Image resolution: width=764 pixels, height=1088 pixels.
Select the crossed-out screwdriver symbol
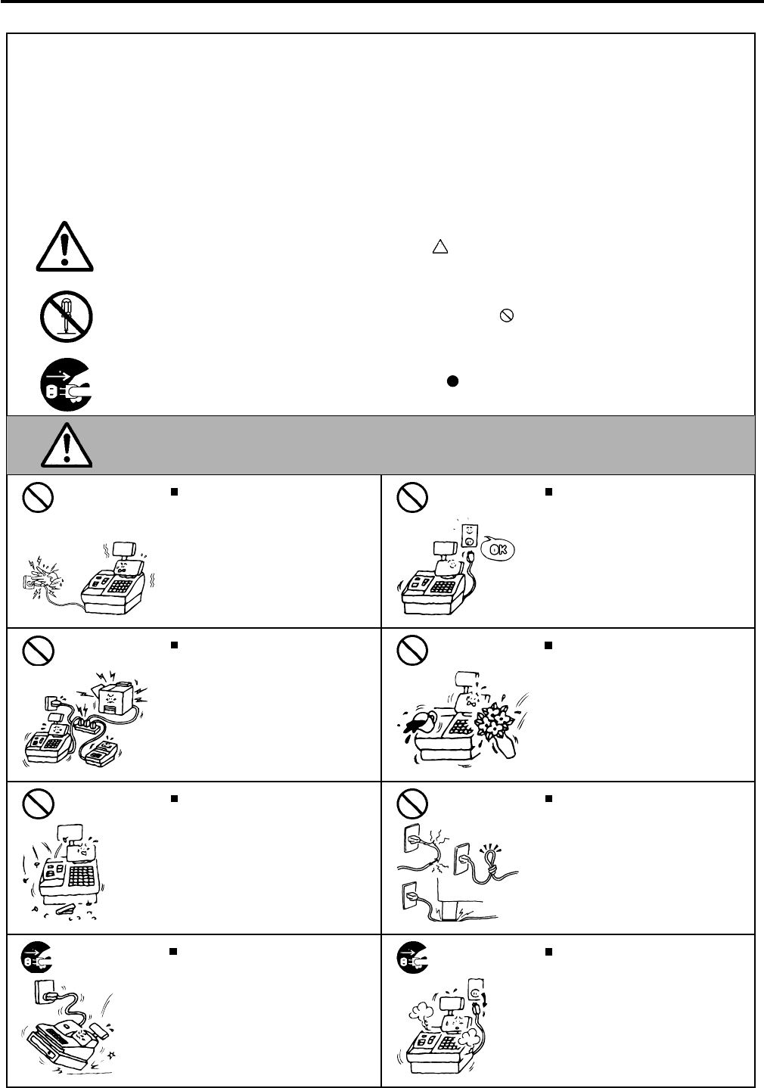[x=66, y=316]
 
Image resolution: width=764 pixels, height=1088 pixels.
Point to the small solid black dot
[x=450, y=381]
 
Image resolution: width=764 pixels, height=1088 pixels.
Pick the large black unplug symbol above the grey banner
[x=66, y=385]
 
